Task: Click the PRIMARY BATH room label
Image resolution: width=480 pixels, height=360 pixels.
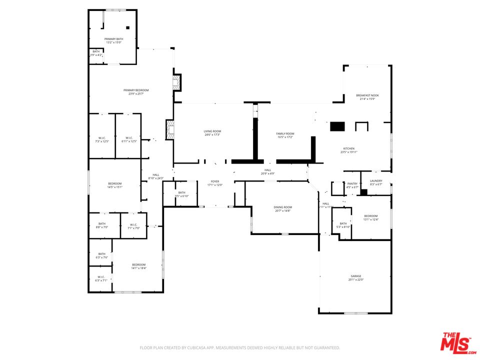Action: [x=113, y=38]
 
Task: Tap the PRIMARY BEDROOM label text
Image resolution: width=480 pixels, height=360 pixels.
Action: [x=136, y=90]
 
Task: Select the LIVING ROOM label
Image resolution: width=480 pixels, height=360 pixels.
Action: [x=212, y=131]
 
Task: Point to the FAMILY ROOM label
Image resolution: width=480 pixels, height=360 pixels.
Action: [x=285, y=133]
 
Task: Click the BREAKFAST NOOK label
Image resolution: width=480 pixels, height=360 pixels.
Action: [x=367, y=95]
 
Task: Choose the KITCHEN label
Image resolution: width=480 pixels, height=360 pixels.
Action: [x=348, y=148]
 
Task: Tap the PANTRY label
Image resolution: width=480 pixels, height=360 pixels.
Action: [x=352, y=183]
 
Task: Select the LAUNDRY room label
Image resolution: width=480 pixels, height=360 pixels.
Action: [x=376, y=180]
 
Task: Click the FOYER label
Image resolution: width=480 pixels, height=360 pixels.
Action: [x=215, y=181]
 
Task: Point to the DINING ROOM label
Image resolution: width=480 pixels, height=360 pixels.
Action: [x=282, y=207]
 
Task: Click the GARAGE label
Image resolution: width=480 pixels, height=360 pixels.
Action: [x=355, y=276]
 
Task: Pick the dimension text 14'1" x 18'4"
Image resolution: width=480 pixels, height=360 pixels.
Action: [x=138, y=268]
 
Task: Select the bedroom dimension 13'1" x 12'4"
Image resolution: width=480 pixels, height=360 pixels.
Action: [x=370, y=219]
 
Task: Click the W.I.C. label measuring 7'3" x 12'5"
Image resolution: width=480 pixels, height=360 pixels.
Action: [x=102, y=141]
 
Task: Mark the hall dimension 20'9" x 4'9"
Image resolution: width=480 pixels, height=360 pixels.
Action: [x=267, y=173]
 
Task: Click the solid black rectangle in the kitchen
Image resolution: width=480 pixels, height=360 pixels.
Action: [x=337, y=126]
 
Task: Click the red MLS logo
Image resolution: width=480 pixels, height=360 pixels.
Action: [x=456, y=342]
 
